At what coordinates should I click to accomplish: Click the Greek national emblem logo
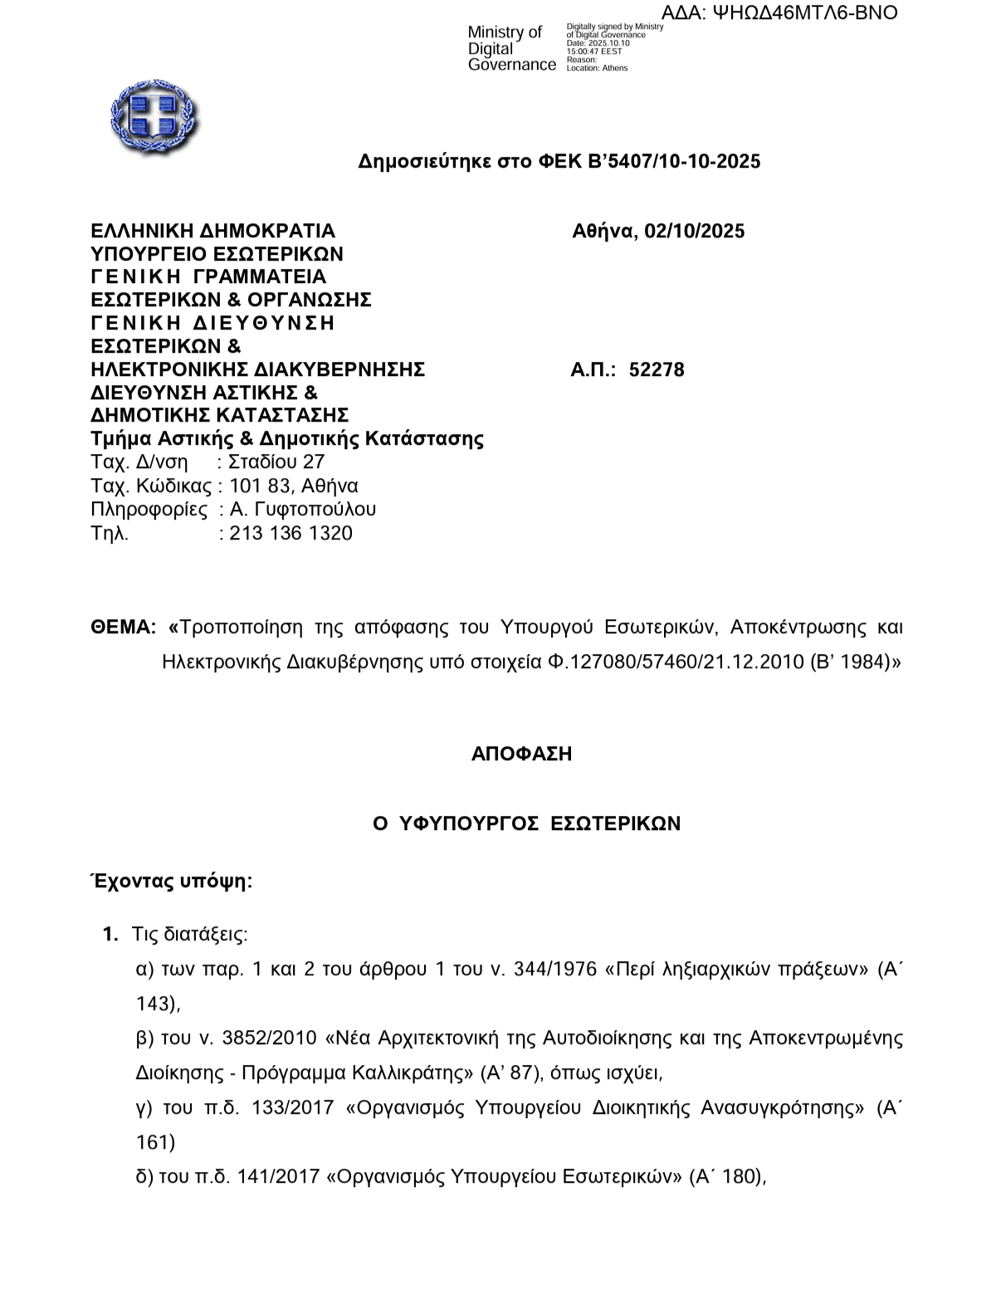pyautogui.click(x=154, y=117)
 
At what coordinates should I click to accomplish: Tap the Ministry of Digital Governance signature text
pyautogui.click(x=511, y=48)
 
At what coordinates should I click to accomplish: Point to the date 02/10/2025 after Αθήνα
pyautogui.click(x=694, y=231)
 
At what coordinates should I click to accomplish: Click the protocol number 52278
pyautogui.click(x=657, y=369)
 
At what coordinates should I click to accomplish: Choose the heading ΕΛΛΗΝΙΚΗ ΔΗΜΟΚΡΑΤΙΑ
pyautogui.click(x=212, y=231)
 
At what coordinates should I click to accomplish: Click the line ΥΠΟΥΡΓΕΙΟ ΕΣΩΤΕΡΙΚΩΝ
pyautogui.click(x=217, y=253)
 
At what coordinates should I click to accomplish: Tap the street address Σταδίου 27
pyautogui.click(x=276, y=462)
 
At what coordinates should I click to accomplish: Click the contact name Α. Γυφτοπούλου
pyautogui.click(x=303, y=509)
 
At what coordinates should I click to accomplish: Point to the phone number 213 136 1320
pyautogui.click(x=291, y=533)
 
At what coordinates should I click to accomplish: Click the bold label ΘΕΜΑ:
pyautogui.click(x=123, y=627)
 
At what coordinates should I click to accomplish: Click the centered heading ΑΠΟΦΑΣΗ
pyautogui.click(x=521, y=754)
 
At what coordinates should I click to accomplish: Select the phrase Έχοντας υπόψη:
pyautogui.click(x=171, y=881)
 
